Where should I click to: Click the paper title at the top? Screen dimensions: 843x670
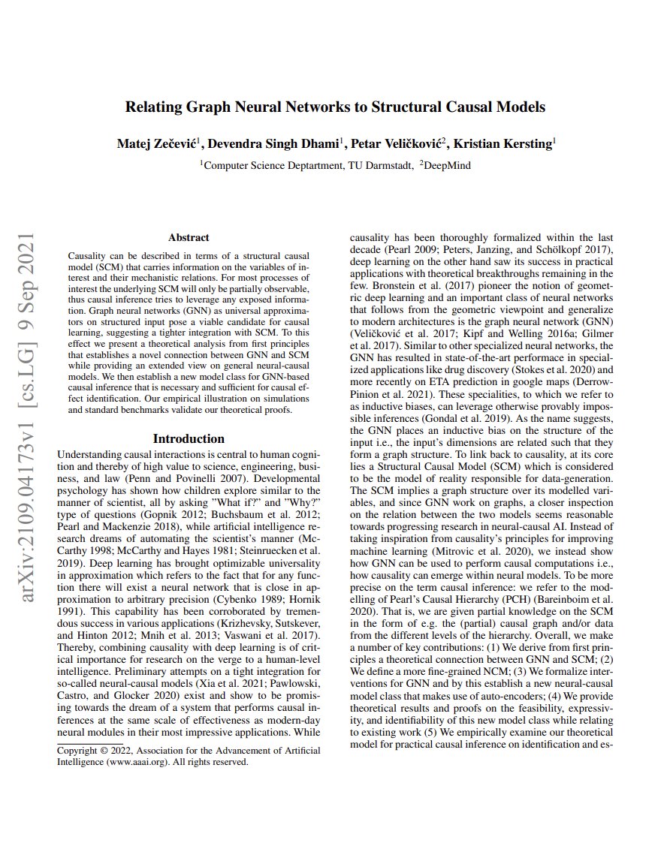[335, 107]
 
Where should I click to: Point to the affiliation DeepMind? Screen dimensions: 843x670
[448, 165]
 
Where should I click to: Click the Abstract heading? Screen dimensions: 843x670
[189, 237]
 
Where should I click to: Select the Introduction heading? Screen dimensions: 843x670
[189, 438]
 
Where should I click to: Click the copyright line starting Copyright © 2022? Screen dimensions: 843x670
[189, 750]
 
